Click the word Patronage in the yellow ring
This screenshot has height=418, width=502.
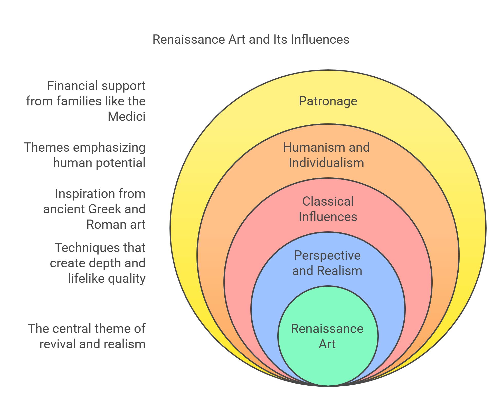point(328,101)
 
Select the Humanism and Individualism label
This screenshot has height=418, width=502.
point(326,155)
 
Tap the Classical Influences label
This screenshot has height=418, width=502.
point(328,209)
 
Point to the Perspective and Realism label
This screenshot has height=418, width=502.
point(327,263)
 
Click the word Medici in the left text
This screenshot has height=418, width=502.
point(126,116)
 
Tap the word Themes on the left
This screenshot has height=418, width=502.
point(47,148)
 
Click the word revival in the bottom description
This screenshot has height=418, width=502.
point(58,344)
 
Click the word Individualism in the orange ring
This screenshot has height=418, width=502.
point(326,163)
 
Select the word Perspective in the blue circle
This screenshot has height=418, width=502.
point(327,256)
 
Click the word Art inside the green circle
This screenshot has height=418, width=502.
point(327,344)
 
